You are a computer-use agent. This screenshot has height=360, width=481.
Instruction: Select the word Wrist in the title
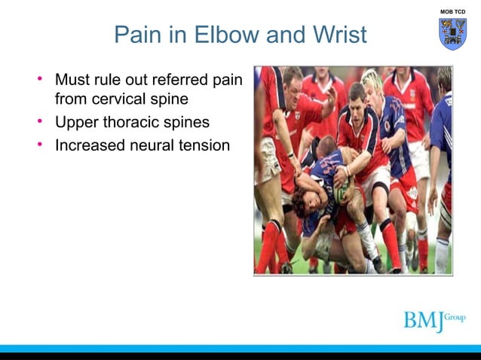[x=338, y=35]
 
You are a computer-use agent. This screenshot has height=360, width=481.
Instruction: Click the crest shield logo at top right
[x=452, y=34]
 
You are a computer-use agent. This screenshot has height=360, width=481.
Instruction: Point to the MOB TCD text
[x=452, y=12]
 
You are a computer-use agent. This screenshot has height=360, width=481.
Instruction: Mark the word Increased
[x=88, y=145]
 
